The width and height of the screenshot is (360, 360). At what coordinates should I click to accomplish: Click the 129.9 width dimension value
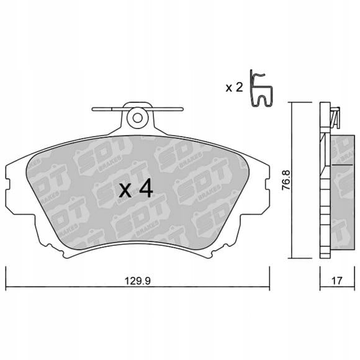click(138, 281)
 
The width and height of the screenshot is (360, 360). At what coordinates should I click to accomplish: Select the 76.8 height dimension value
click(286, 180)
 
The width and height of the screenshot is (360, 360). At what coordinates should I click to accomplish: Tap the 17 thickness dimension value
click(337, 281)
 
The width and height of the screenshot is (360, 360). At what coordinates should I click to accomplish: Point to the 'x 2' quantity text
click(234, 88)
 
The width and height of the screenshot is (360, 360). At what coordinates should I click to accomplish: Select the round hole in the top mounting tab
click(137, 119)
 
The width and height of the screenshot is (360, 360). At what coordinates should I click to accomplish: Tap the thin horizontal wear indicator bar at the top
click(138, 109)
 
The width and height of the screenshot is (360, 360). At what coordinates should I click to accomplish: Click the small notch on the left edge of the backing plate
click(7, 184)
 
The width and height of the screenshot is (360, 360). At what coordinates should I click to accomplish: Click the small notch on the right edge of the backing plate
click(267, 184)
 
